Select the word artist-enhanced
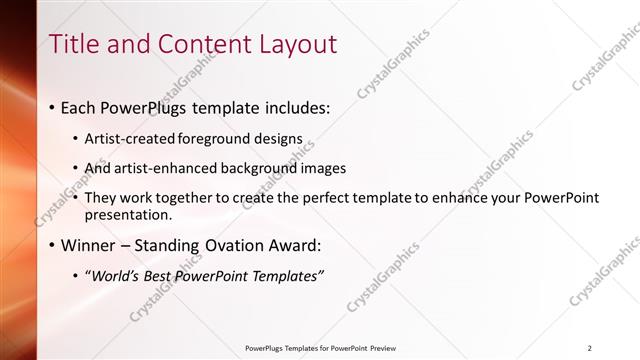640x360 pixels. coord(174,168)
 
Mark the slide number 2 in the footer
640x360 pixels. coord(590,348)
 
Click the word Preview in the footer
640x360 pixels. coord(389,348)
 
